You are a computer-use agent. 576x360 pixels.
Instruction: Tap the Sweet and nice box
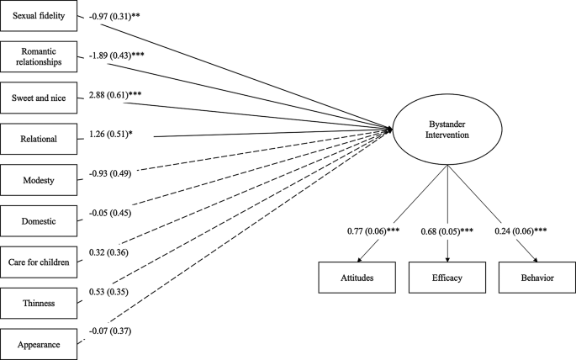40,98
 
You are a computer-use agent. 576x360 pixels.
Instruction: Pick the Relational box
40,138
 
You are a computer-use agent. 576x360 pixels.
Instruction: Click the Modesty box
40,179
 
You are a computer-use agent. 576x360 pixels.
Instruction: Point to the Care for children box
40,261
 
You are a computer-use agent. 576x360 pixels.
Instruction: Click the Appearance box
40,342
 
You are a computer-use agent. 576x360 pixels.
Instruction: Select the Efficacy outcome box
447,276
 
